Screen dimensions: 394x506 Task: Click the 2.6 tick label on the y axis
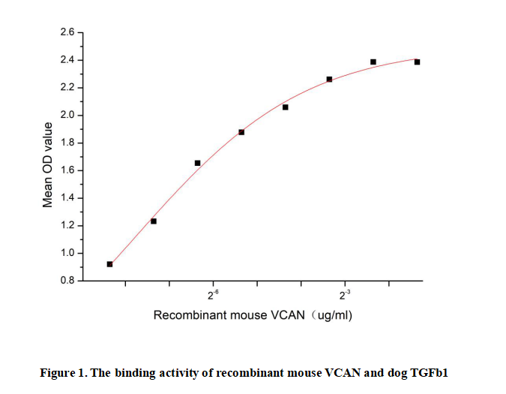click(x=67, y=32)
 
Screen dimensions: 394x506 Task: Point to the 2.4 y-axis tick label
click(x=67, y=60)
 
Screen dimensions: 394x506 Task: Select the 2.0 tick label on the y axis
click(x=67, y=116)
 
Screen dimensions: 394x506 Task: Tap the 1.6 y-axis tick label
click(x=67, y=170)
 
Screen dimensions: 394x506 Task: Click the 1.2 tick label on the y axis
click(x=67, y=226)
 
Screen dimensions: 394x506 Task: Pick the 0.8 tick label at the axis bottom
click(x=67, y=281)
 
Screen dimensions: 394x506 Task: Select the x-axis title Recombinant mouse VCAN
click(x=229, y=315)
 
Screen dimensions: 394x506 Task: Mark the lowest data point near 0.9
click(x=109, y=264)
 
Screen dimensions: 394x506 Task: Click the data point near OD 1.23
click(x=154, y=221)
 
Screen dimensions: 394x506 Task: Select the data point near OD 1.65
click(x=198, y=163)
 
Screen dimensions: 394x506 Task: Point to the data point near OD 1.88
click(x=241, y=132)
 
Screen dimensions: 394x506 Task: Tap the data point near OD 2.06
click(x=286, y=107)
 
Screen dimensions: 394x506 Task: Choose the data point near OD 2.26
click(x=329, y=79)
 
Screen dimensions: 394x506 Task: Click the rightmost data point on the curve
click(x=417, y=62)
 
